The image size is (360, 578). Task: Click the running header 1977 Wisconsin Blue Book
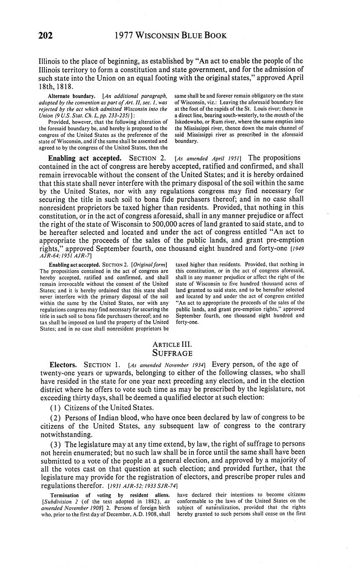click(171, 36)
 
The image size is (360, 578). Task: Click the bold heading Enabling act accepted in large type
click(85, 158)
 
